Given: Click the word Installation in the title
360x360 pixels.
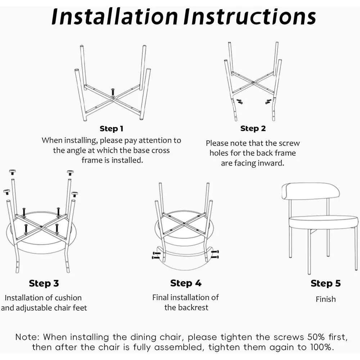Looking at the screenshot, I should coord(114,17).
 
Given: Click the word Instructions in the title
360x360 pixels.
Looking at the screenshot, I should coord(249,17).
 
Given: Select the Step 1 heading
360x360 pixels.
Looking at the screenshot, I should coord(111,129).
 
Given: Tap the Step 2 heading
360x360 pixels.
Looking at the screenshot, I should coord(253,129).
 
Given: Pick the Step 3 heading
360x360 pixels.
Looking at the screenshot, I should coord(44,283).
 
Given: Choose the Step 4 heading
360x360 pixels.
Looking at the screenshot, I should coord(186,283).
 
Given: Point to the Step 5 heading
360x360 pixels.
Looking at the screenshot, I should coord(325,283).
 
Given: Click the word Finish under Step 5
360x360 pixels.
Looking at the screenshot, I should coord(325,299).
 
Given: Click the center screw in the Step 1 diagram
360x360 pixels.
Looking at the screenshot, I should coord(113,93).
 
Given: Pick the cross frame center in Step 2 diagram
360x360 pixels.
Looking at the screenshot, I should coord(253,82).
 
